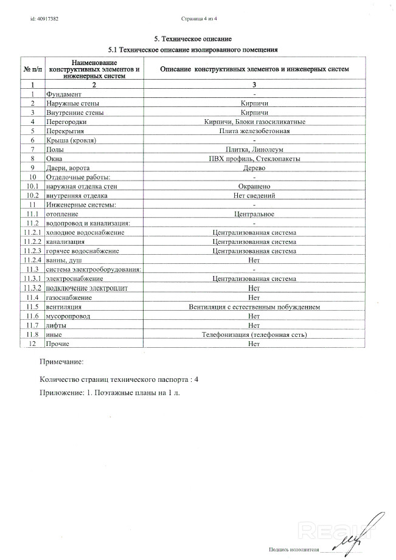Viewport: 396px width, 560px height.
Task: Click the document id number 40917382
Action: click(44, 19)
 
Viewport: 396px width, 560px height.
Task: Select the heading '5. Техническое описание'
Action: click(193, 39)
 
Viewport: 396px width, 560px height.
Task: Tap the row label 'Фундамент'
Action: click(64, 94)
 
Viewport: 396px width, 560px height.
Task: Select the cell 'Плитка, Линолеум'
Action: click(255, 149)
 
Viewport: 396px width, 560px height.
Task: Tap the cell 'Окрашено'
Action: click(255, 186)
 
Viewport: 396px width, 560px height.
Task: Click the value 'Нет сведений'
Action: click(255, 195)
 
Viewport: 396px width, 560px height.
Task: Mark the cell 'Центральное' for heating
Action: click(255, 214)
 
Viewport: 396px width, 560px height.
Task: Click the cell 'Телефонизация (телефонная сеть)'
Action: click(255, 334)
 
